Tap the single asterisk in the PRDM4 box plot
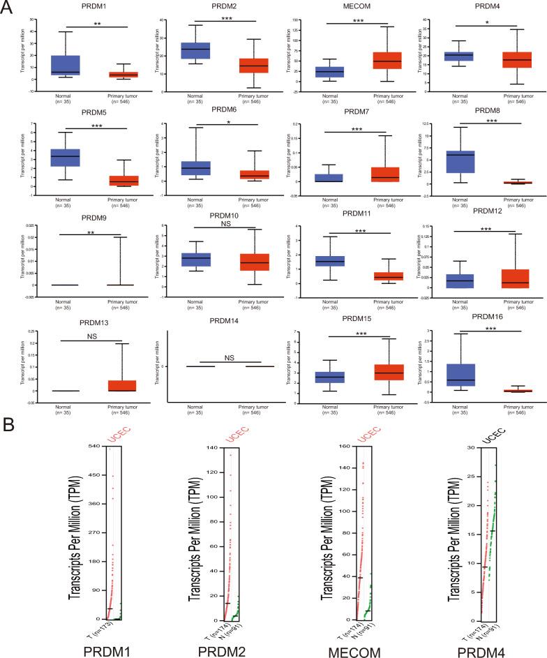pyautogui.click(x=477, y=22)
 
